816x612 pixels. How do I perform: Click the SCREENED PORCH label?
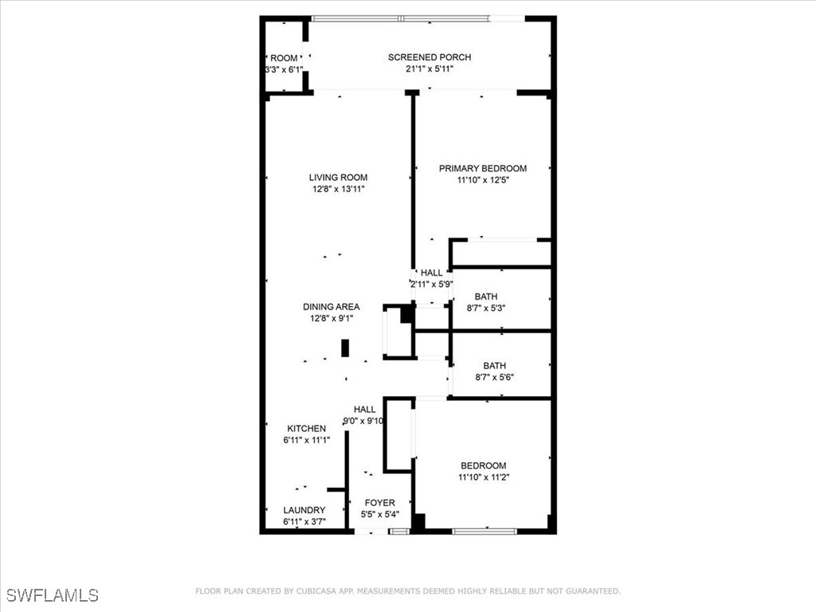pyautogui.click(x=429, y=57)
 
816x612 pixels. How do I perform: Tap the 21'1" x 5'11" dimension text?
pyautogui.click(x=429, y=69)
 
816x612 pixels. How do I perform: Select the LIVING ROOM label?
pyautogui.click(x=338, y=178)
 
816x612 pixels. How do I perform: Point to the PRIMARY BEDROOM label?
pyautogui.click(x=482, y=168)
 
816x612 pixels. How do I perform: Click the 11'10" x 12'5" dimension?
pyautogui.click(x=482, y=180)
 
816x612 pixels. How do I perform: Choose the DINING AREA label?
pyautogui.click(x=331, y=307)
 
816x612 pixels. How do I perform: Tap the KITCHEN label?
pyautogui.click(x=307, y=429)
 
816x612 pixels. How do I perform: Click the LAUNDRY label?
pyautogui.click(x=304, y=510)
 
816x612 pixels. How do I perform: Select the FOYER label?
pyautogui.click(x=379, y=503)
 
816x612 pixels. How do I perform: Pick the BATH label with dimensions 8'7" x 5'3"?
pyautogui.click(x=485, y=296)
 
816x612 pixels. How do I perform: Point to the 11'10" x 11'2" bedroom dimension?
pyautogui.click(x=483, y=477)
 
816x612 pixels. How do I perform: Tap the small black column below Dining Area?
pyautogui.click(x=345, y=348)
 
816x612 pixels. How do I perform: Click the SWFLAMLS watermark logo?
pyautogui.click(x=53, y=595)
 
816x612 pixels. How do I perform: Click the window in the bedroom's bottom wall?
pyautogui.click(x=484, y=531)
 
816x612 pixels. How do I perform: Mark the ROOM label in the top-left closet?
pyautogui.click(x=284, y=58)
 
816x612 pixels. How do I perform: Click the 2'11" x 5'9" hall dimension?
pyautogui.click(x=431, y=284)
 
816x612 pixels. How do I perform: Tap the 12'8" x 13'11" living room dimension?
pyautogui.click(x=338, y=190)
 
